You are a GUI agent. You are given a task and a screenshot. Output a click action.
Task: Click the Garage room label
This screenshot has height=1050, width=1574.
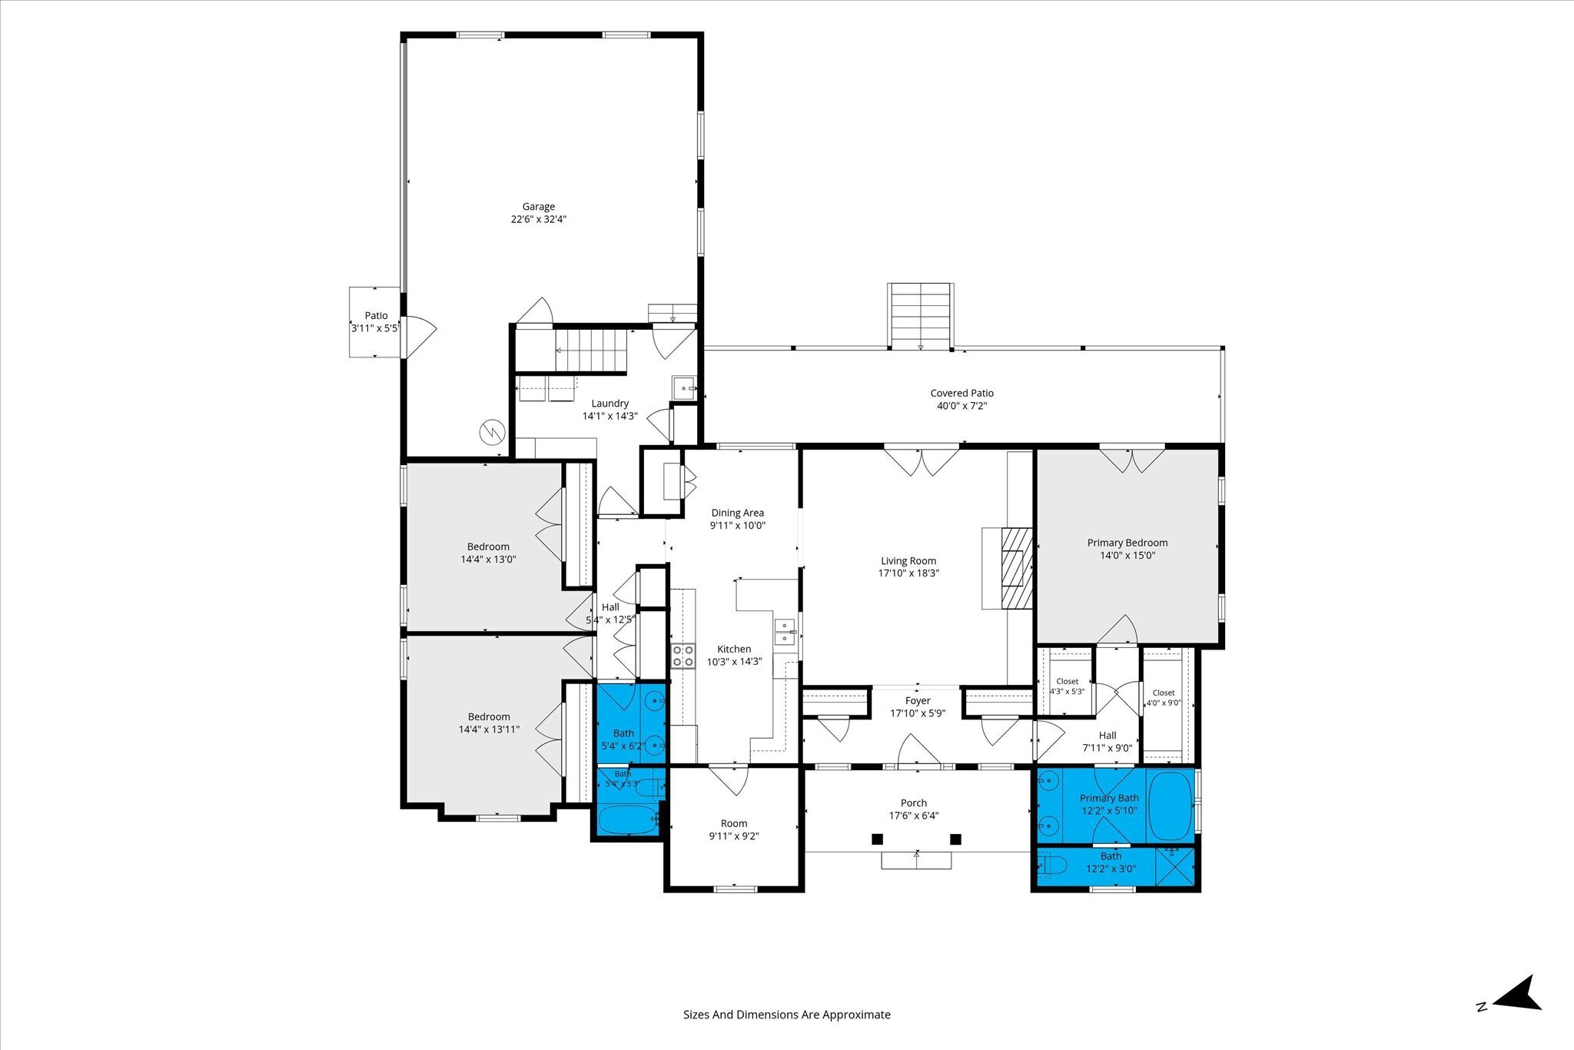tap(539, 207)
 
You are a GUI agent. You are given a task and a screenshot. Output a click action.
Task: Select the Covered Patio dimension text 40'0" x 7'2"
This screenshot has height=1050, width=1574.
tap(962, 406)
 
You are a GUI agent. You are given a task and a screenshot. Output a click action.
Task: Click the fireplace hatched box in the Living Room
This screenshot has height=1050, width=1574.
tap(1016, 569)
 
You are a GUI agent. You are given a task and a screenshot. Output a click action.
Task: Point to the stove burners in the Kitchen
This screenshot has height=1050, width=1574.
tap(682, 656)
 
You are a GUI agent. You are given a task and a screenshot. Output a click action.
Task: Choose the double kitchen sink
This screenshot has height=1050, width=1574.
tap(785, 631)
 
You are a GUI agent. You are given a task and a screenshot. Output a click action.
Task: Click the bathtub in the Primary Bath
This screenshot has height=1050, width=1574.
tap(1169, 806)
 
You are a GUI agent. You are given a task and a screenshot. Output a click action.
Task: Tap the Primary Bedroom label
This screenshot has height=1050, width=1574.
tap(1127, 543)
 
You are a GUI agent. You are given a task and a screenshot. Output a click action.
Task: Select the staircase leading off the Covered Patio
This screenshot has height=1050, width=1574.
tap(921, 316)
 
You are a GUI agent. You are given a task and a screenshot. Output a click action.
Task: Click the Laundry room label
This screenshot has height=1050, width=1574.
tap(610, 404)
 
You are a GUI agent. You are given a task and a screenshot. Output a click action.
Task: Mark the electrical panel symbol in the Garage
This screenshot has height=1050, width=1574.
tap(491, 432)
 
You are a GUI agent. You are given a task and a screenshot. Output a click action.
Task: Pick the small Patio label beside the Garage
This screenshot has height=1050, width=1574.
tap(377, 316)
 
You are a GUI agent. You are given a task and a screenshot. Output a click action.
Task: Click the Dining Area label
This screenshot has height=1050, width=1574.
tap(738, 513)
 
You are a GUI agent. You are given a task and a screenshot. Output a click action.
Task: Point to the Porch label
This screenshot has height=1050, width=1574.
tap(914, 803)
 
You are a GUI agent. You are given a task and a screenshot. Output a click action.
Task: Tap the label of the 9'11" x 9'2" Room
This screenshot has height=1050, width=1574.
tap(734, 824)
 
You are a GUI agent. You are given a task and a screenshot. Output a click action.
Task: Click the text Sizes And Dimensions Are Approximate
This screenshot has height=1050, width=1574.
tap(787, 1015)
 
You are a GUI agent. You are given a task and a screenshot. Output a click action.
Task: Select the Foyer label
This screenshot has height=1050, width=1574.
tap(918, 701)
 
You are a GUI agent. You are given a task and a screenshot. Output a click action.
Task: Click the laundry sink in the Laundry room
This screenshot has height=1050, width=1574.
tap(683, 388)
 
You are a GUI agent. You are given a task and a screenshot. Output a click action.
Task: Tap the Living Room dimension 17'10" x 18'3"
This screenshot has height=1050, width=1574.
tap(909, 573)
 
